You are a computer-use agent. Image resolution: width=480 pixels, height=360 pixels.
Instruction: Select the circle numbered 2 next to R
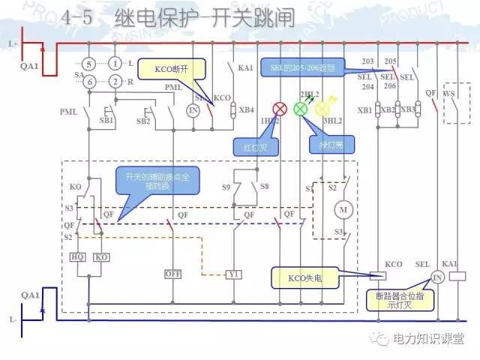click(x=115, y=81)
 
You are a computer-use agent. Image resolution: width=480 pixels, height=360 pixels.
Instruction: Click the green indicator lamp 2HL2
click(x=301, y=109)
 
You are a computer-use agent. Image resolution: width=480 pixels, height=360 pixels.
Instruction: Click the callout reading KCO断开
click(x=173, y=69)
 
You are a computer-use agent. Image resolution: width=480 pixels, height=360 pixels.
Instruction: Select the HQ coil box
click(x=77, y=257)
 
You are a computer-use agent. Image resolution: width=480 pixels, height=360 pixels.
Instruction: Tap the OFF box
click(x=173, y=274)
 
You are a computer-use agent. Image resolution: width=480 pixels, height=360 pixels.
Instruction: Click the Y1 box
click(x=234, y=274)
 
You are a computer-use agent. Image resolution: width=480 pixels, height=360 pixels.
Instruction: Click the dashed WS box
click(x=458, y=104)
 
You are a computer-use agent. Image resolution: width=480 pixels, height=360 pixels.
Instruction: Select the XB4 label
click(x=246, y=109)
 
